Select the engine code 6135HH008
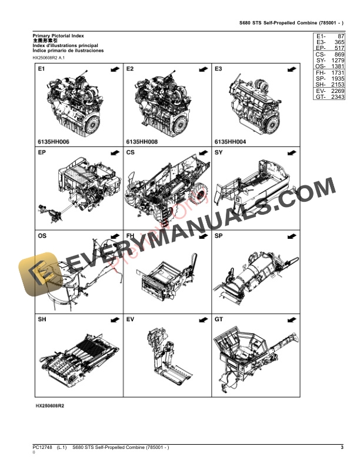[142, 142]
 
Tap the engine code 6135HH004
[231, 142]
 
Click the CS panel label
[131, 153]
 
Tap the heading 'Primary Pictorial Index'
[59, 36]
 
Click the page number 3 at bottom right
[342, 448]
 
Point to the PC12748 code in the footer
[42, 448]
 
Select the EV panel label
[131, 319]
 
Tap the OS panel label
[43, 237]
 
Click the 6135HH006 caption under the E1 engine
[54, 142]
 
